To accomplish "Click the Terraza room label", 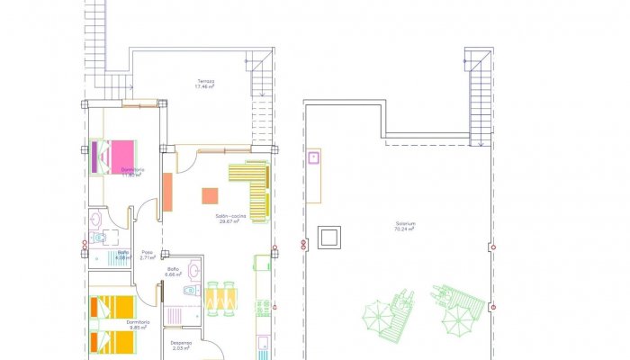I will (x=206, y=81).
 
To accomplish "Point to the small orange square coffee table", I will (x=210, y=194).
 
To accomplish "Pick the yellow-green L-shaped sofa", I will (x=254, y=185).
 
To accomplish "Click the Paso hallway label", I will (x=148, y=252).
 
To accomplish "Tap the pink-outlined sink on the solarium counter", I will (x=315, y=158).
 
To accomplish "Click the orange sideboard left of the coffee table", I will (x=167, y=192).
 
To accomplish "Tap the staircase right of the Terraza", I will (x=260, y=76).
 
